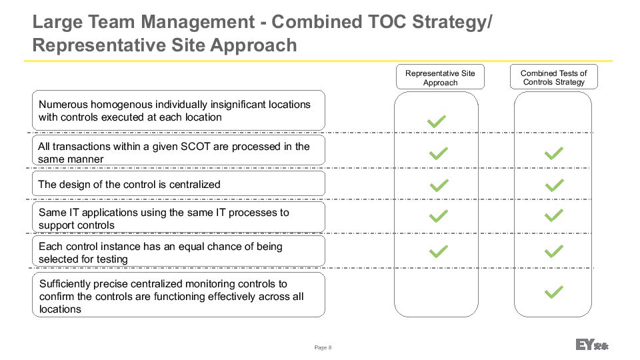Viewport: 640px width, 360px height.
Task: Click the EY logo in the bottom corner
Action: [x=592, y=345]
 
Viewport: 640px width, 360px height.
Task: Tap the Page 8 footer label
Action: [x=323, y=347]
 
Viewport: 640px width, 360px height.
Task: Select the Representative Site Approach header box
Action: [x=440, y=77]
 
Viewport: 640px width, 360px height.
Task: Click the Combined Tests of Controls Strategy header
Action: [x=553, y=77]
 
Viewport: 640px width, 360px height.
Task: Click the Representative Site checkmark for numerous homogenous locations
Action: [x=436, y=121]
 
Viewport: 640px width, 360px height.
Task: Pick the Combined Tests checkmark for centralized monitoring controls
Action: [x=554, y=292]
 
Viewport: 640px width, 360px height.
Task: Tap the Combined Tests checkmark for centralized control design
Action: [x=554, y=185]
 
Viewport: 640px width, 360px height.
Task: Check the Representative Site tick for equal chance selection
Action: [x=439, y=251]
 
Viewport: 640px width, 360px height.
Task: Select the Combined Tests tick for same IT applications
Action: [x=554, y=215]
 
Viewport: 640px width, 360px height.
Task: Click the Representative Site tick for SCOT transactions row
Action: [x=439, y=153]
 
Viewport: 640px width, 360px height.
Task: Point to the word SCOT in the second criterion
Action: [x=195, y=147]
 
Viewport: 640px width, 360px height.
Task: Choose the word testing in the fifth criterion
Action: [x=112, y=259]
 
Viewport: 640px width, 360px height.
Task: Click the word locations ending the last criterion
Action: [x=60, y=309]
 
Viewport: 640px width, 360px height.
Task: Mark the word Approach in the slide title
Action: [x=254, y=46]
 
